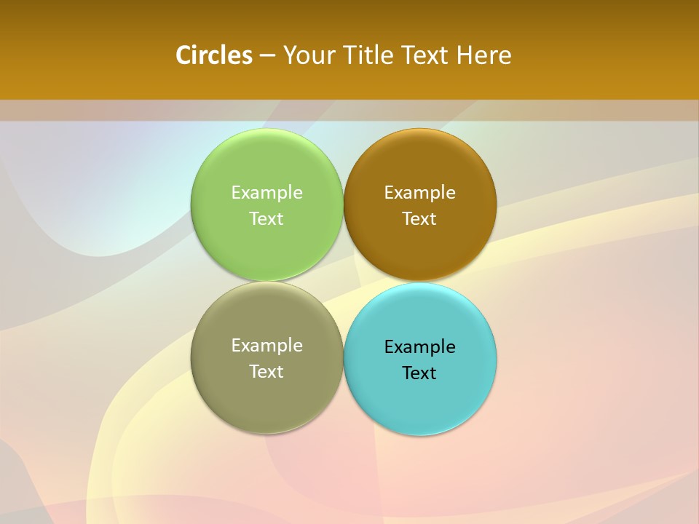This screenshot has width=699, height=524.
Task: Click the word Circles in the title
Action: click(x=214, y=55)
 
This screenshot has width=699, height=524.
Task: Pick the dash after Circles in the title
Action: click(x=267, y=56)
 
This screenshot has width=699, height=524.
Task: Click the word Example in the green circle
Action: click(x=266, y=193)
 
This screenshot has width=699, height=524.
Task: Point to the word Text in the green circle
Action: click(x=266, y=218)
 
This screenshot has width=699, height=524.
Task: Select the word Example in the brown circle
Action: click(x=419, y=193)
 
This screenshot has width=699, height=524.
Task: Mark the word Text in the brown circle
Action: click(x=419, y=218)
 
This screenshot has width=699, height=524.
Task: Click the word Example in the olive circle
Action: click(x=266, y=346)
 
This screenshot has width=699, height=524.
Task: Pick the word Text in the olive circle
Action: click(x=266, y=371)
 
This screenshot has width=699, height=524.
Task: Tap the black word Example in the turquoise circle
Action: click(x=419, y=347)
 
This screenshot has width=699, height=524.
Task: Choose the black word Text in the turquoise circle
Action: click(x=419, y=373)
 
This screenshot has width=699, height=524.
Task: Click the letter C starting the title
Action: click(x=183, y=55)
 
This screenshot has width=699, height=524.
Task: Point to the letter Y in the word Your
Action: click(x=289, y=55)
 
